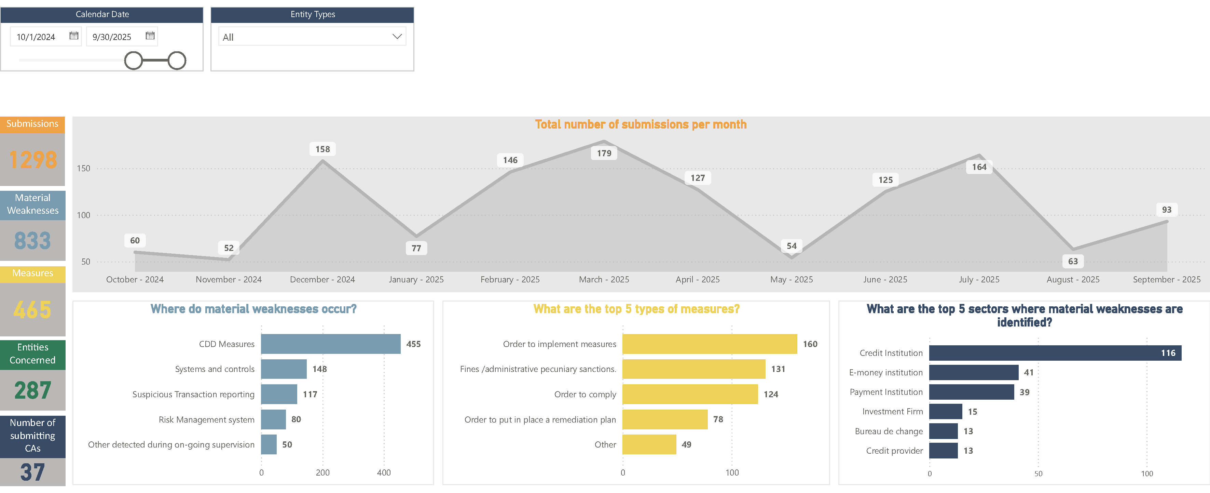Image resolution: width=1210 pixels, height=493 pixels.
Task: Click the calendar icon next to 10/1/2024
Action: pos(74,36)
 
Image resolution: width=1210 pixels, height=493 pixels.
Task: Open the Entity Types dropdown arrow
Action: pos(397,37)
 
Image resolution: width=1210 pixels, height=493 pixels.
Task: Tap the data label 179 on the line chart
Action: pos(604,153)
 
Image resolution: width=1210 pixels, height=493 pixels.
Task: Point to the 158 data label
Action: pos(323,149)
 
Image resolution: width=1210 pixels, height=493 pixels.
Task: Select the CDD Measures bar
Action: pos(331,344)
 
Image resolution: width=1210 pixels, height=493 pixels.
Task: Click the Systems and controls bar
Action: pos(284,369)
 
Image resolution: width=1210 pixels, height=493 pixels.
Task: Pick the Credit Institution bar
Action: pos(1055,353)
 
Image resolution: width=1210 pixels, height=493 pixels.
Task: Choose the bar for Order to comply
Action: pos(690,394)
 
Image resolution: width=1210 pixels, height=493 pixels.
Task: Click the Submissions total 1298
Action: pos(33,160)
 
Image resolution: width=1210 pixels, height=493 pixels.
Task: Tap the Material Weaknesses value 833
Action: pos(32,241)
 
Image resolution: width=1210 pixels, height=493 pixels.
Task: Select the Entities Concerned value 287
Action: pos(32,390)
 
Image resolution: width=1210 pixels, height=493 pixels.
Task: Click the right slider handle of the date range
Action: pos(177,61)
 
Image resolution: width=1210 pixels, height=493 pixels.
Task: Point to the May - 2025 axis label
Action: pos(792,280)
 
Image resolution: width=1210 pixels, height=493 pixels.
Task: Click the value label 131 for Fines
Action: pos(778,369)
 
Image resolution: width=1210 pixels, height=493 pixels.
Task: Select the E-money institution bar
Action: pos(974,373)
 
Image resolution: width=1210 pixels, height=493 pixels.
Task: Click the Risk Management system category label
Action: pos(206,420)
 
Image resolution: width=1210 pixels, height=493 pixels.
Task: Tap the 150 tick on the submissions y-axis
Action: pos(84,168)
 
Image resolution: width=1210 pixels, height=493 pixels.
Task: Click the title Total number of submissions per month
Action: pos(641,124)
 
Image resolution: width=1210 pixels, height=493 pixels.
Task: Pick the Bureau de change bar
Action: pos(943,431)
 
